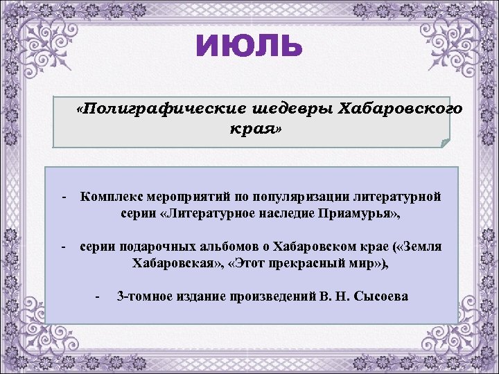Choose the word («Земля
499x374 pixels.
click(418, 247)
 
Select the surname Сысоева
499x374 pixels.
click(382, 296)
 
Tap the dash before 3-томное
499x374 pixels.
click(98, 296)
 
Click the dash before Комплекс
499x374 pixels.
click(63, 197)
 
